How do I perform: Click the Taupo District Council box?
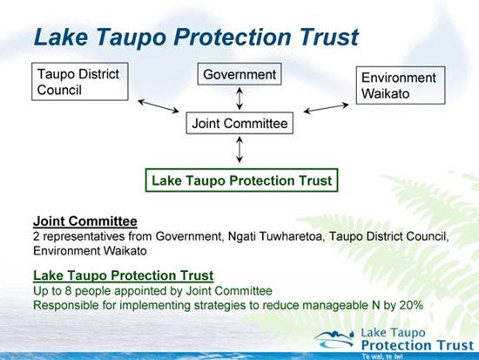[76, 82]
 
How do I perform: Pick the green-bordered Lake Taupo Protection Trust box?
[240, 180]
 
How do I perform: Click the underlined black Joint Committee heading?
[84, 221]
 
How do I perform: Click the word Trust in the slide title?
[322, 37]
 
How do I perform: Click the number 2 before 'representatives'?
[37, 235]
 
